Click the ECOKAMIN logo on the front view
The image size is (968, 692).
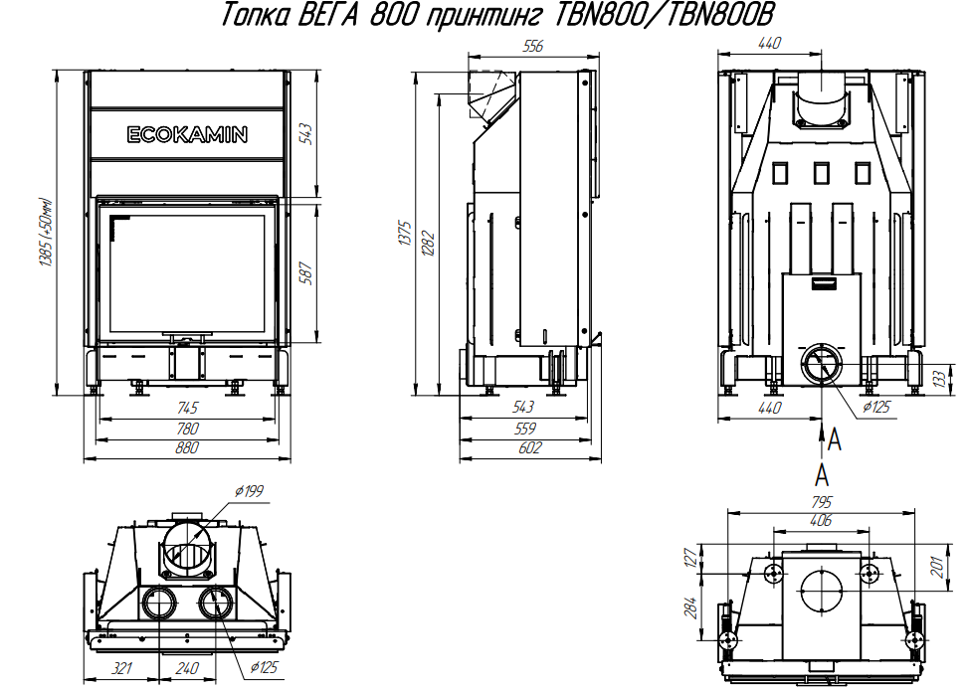187,135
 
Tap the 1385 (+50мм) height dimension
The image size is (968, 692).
47,233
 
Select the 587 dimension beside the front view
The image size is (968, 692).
306,272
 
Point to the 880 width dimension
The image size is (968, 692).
186,447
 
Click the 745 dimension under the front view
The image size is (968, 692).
187,408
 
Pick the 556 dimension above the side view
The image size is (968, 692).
533,46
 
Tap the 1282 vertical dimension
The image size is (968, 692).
428,243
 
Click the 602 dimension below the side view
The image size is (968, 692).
530,447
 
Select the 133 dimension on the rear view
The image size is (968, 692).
939,378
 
